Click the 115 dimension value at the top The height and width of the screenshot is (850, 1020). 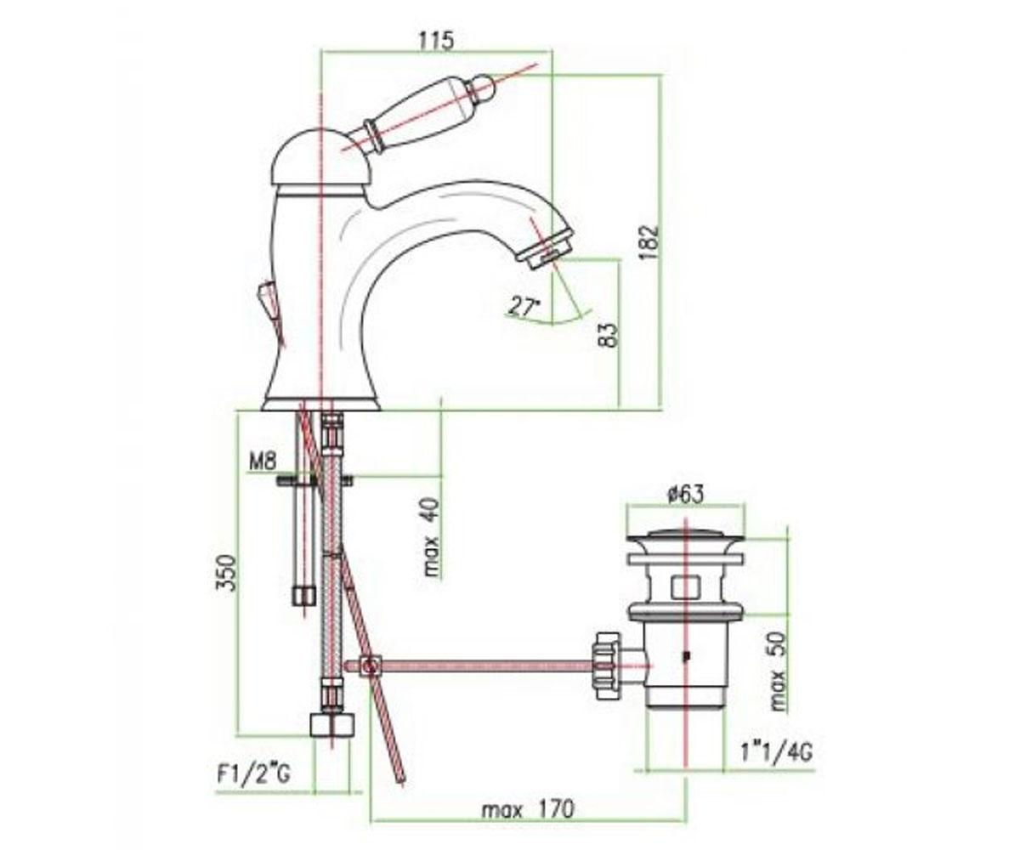(x=436, y=40)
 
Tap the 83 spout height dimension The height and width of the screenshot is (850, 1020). (x=609, y=335)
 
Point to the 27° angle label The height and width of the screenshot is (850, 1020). (x=524, y=307)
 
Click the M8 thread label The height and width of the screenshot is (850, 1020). (x=263, y=462)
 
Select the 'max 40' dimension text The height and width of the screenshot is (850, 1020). (x=432, y=538)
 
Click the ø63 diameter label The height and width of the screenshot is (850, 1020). (x=686, y=495)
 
